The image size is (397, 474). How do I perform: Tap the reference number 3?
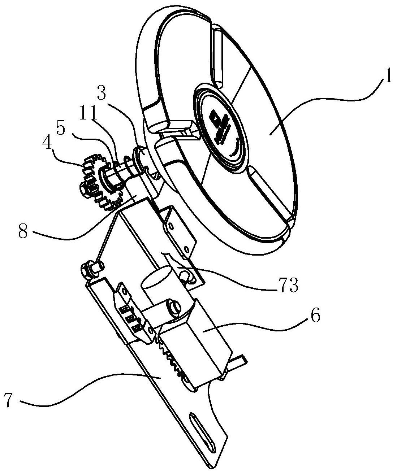[102, 94]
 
